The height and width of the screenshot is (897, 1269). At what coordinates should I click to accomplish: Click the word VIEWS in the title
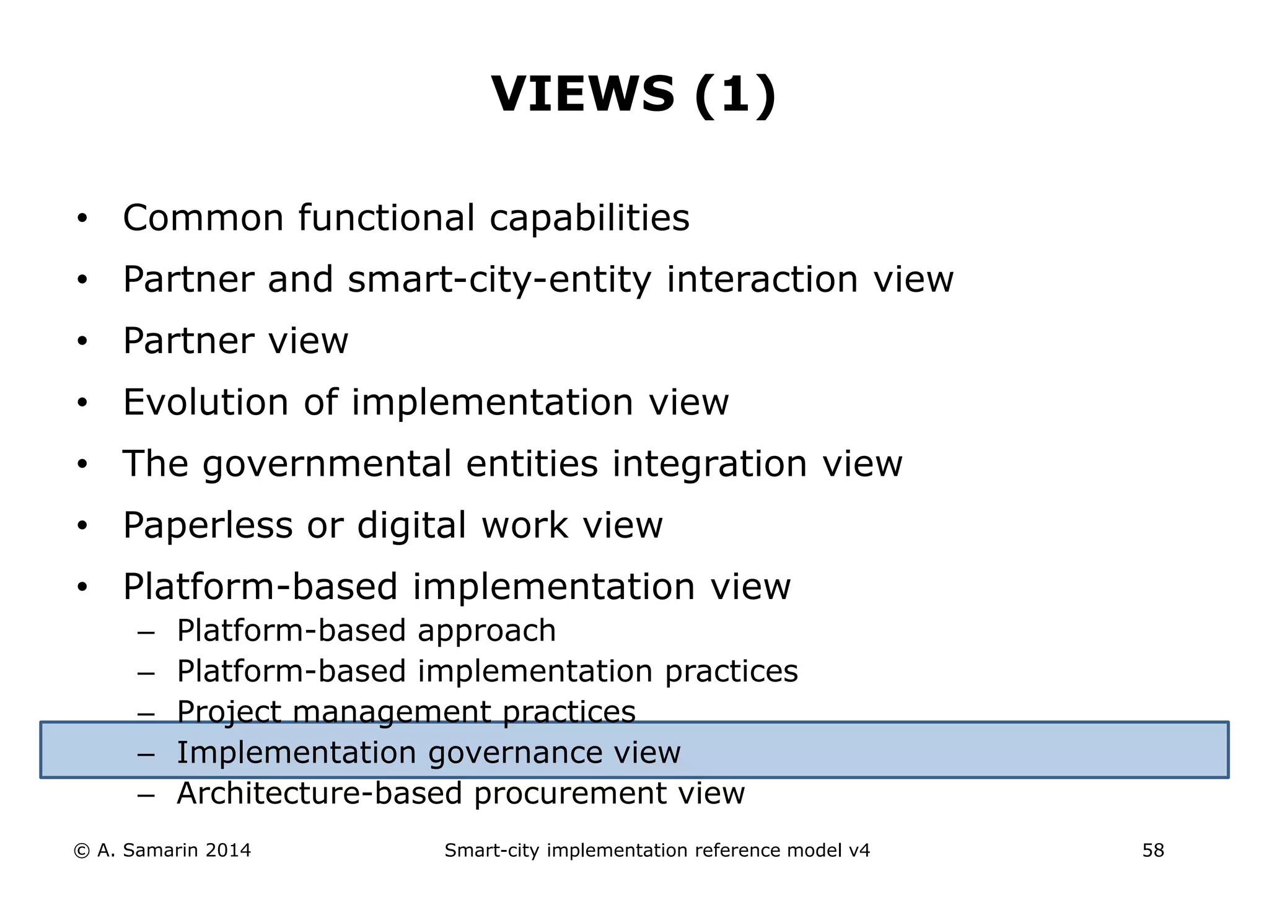582,94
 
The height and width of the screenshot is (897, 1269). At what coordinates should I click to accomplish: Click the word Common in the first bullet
203,218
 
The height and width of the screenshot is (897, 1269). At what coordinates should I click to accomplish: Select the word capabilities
589,218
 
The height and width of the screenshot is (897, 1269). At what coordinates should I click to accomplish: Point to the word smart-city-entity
499,280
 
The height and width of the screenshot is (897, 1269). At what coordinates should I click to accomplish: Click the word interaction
762,279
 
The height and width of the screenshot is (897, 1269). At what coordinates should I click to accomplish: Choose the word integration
709,464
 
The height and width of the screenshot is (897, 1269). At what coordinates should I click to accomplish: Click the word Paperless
208,525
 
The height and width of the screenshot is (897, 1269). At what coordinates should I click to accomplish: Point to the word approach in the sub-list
486,631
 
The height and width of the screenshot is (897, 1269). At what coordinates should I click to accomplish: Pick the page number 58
1153,851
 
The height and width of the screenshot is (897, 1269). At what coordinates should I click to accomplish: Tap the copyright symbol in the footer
81,851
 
